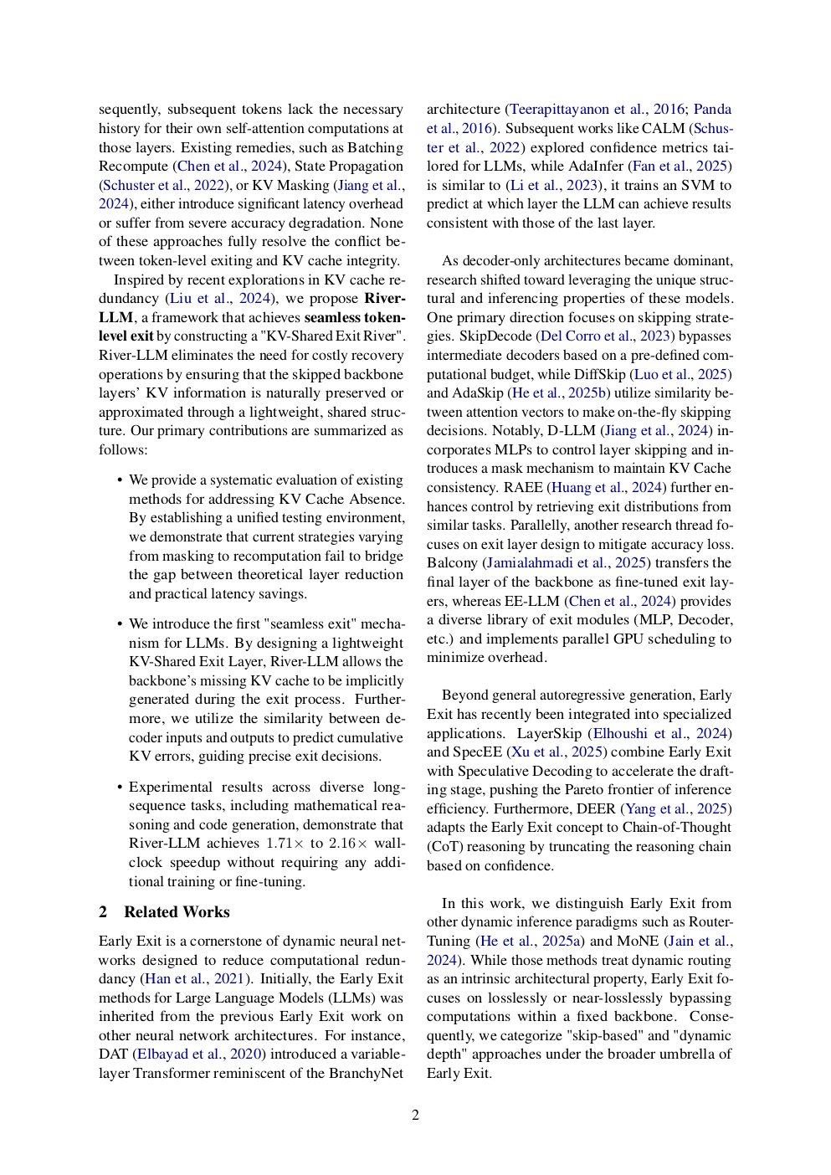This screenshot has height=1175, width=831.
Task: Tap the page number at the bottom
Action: pos(415,1115)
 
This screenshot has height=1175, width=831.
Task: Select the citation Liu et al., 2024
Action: pos(219,299)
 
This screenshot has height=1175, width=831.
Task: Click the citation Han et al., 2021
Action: pos(194,979)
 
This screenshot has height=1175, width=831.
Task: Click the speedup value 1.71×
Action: pos(285,844)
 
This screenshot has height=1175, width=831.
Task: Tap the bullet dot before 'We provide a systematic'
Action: pos(120,480)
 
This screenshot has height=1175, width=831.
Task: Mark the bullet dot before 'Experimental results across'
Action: pos(120,788)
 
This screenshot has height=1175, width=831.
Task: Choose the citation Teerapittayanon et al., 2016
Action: pos(597,110)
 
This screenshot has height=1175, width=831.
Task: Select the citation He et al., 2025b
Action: pos(560,393)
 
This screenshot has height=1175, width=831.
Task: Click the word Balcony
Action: pos(452,563)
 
